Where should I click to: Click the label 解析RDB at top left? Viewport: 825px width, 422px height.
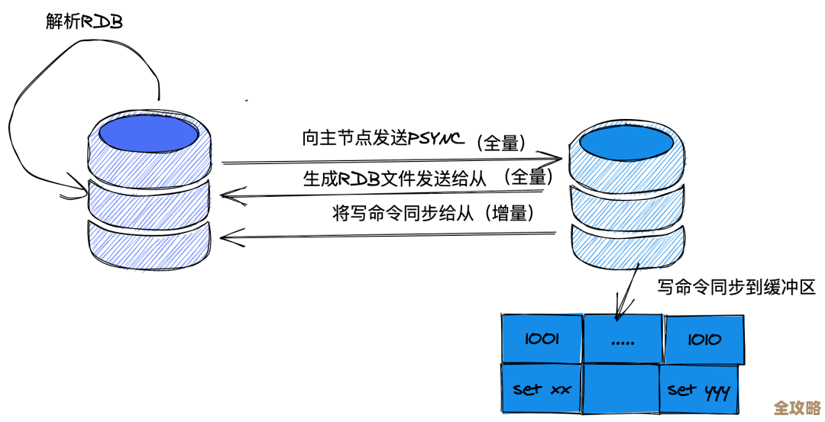(83, 21)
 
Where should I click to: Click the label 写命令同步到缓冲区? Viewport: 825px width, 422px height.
(736, 287)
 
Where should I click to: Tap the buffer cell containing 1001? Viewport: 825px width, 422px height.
(542, 338)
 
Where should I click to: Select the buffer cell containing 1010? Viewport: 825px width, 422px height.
(704, 338)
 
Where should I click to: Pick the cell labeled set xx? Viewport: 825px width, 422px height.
(542, 389)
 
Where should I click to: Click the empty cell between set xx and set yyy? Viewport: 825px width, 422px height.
(620, 390)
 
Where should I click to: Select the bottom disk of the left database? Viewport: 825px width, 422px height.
(148, 243)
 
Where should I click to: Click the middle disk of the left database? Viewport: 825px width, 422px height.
(148, 202)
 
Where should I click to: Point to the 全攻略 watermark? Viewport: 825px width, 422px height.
(797, 407)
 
